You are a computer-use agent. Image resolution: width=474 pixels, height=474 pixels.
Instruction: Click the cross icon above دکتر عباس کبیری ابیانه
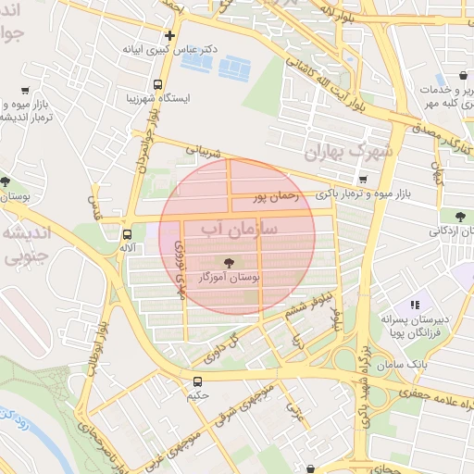pyautogui.click(x=169, y=35)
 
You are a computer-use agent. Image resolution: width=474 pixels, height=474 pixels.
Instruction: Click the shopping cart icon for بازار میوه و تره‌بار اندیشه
pyautogui.click(x=25, y=91)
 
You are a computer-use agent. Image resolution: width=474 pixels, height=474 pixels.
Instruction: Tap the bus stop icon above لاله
pyautogui.click(x=127, y=233)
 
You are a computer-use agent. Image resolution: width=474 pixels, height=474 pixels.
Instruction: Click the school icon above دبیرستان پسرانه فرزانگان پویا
pyautogui.click(x=415, y=304)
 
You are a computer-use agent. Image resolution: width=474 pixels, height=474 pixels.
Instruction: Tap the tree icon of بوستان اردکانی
pyautogui.click(x=460, y=217)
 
